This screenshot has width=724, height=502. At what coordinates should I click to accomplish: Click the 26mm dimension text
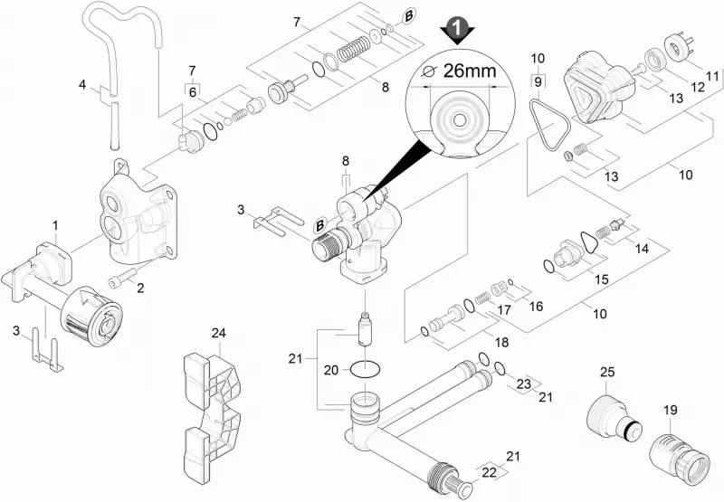tap(470, 71)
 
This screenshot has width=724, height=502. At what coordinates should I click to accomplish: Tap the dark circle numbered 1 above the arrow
tap(457, 28)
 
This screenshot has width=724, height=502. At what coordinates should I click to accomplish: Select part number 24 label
tap(218, 333)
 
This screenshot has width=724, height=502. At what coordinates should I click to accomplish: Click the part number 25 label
tap(607, 372)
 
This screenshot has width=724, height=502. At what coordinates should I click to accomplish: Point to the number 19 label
tap(671, 410)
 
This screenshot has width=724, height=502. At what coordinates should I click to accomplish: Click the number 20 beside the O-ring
tap(330, 370)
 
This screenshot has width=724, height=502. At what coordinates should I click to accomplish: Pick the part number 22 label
tap(489, 472)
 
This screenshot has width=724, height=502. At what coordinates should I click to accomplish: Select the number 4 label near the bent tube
tap(82, 85)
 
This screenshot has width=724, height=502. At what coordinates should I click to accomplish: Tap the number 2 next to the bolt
tap(140, 288)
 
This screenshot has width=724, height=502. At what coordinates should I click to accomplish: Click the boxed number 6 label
tap(193, 92)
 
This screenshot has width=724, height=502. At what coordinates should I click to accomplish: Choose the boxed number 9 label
tap(538, 81)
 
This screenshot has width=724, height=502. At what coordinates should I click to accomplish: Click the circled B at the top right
tap(409, 16)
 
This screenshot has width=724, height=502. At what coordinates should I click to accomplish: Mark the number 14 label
tap(642, 249)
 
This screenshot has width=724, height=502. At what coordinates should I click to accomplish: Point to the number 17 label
tap(504, 309)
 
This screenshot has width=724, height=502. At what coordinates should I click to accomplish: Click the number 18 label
tap(501, 342)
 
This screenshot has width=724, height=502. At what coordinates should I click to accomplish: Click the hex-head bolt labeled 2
tap(121, 277)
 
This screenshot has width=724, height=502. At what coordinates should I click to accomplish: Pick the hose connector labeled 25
tap(614, 418)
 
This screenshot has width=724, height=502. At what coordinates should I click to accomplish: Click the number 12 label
tap(698, 86)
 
